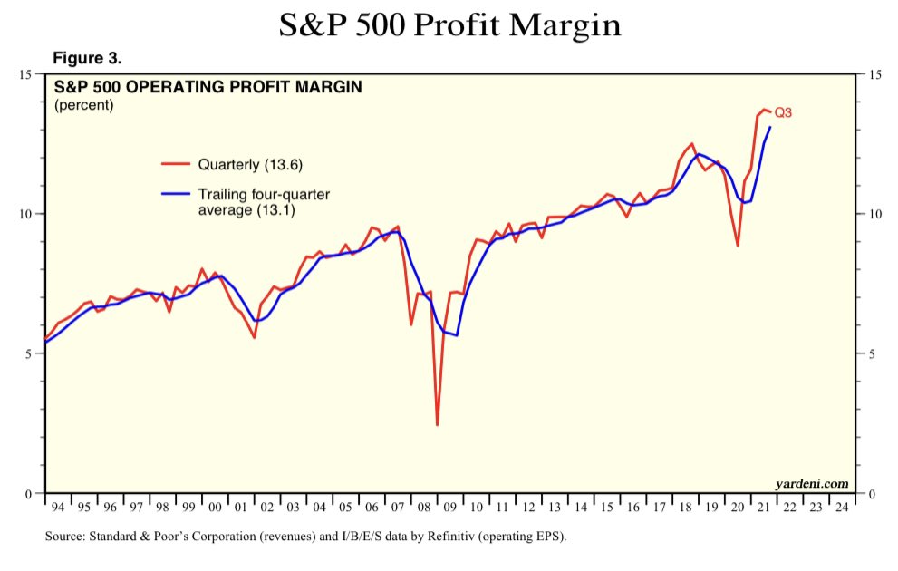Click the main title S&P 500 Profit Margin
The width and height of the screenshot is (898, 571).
[x=449, y=24]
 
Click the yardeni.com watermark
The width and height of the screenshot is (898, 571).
[x=812, y=483]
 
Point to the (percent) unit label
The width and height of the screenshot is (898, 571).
[x=84, y=105]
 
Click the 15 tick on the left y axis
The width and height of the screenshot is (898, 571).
[x=24, y=74]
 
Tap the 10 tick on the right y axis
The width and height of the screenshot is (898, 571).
[x=874, y=214]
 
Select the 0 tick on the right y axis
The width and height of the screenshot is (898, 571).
[x=872, y=494]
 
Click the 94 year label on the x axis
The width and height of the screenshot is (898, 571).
[x=58, y=508]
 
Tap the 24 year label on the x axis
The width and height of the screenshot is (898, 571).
[x=842, y=508]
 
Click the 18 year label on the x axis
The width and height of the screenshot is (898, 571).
[x=683, y=508]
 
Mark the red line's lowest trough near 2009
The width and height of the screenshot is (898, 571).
[x=437, y=424]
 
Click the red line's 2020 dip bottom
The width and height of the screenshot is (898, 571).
[x=738, y=246]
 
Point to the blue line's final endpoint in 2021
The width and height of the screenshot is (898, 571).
[x=770, y=127]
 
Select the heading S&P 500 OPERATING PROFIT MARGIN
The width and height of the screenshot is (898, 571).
[x=208, y=88]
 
